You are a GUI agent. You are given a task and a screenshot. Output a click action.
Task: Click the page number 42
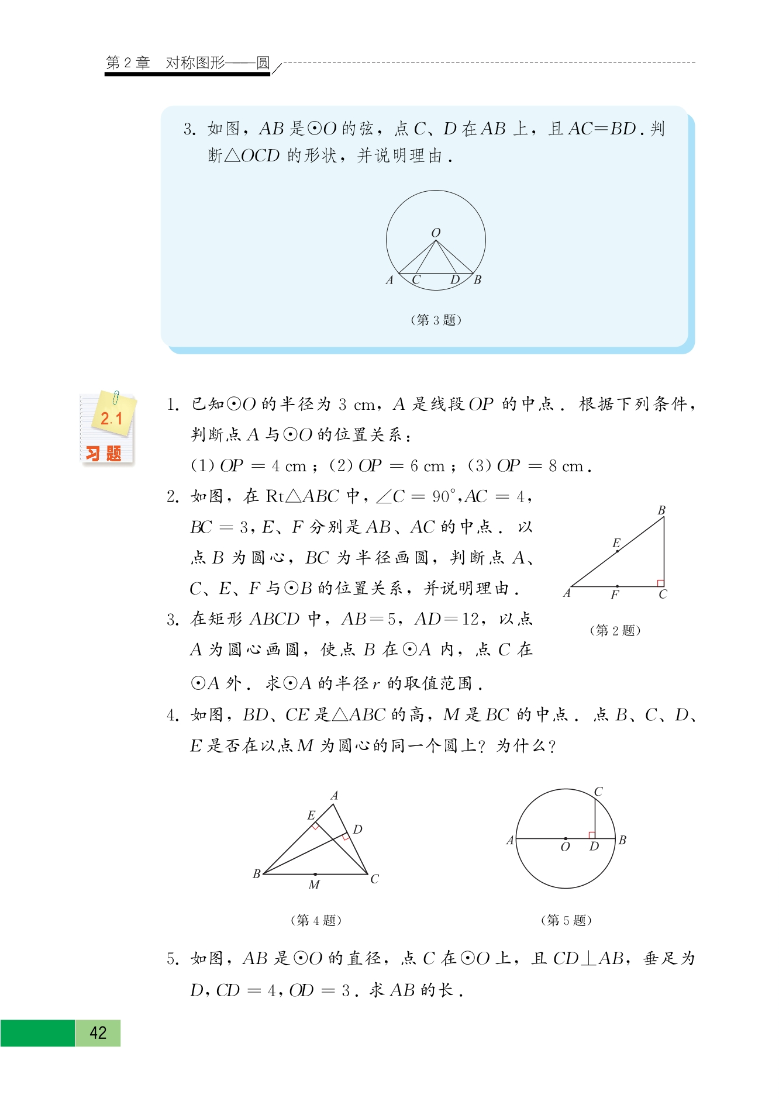click(98, 1032)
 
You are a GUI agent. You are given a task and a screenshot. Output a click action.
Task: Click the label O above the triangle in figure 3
click(436, 233)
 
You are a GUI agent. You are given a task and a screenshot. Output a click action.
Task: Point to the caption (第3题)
click(436, 320)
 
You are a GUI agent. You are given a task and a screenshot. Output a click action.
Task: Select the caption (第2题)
click(615, 630)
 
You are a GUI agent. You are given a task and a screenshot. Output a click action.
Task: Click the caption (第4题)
click(316, 920)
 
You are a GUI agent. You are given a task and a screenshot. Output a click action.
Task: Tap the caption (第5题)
click(566, 920)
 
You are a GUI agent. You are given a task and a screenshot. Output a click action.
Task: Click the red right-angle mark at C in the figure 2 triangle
click(660, 583)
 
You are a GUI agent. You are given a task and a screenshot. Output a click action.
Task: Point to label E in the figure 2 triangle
click(616, 543)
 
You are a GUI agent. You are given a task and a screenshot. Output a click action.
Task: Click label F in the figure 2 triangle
click(615, 595)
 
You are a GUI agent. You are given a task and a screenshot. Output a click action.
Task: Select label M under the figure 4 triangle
click(314, 885)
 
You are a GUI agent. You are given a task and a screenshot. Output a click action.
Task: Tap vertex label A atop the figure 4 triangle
click(335, 795)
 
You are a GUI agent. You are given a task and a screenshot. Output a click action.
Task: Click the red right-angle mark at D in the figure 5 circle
click(592, 835)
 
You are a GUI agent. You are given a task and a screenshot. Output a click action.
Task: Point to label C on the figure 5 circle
click(598, 792)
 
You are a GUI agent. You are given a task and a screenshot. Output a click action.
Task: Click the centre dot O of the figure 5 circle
click(566, 838)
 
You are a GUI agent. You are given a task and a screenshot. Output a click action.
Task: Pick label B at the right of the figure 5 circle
click(623, 840)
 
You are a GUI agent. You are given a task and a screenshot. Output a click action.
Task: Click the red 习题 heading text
click(104, 454)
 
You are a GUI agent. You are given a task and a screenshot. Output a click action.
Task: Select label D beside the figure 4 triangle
click(358, 829)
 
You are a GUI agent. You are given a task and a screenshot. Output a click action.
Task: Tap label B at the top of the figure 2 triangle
click(661, 510)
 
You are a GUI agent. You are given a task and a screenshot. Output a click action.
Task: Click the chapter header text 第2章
click(128, 63)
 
